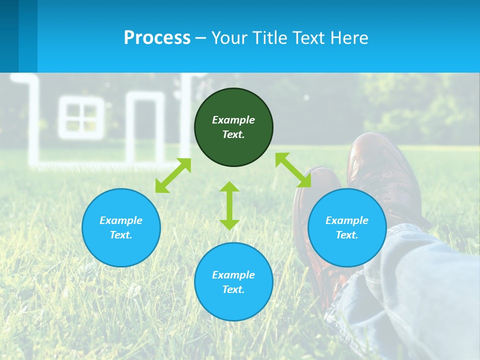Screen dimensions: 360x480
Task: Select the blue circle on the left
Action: pos(121,250)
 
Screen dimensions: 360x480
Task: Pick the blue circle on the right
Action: pos(347,250)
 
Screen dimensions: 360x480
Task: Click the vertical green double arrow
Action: pos(229,205)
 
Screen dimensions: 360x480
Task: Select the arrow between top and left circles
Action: pos(173,175)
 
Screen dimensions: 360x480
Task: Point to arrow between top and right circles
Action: pos(293,170)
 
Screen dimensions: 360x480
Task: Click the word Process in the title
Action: pos(157,37)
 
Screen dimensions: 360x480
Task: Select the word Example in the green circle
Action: pos(233,120)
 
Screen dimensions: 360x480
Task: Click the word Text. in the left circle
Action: pos(121,235)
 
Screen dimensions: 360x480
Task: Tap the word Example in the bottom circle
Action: pos(233,275)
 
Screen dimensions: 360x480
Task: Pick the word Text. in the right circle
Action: pos(347,235)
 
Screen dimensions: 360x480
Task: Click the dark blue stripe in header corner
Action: pos(9,35)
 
